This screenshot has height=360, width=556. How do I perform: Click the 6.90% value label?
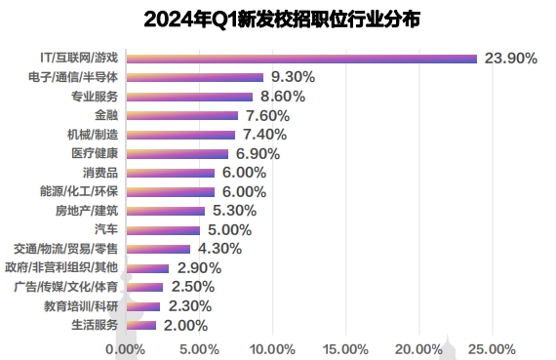pos(258,153)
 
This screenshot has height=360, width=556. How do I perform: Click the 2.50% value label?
pos(192,287)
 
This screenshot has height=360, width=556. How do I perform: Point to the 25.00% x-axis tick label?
pos(492,349)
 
